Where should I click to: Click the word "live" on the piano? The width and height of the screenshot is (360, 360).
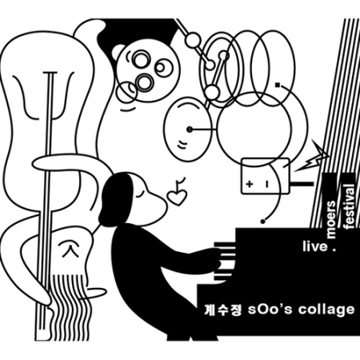(x=314, y=246)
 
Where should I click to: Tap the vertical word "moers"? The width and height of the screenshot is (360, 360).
(x=331, y=219)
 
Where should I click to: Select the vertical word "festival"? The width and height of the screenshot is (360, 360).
(x=350, y=206)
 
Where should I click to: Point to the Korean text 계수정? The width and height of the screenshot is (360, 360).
(x=222, y=310)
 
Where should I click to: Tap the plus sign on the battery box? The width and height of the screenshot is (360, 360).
(x=250, y=184)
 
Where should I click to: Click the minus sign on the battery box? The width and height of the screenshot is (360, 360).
(x=267, y=184)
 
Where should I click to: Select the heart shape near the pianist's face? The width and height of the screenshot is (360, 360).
(x=177, y=198)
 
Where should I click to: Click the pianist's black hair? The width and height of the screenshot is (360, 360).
(x=115, y=198)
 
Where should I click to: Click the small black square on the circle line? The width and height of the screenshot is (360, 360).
(x=278, y=86)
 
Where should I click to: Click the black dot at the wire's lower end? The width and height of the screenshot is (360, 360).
(x=263, y=222)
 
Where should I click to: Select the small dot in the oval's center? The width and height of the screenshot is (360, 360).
(x=190, y=130)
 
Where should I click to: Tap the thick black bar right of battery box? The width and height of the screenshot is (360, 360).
(x=302, y=184)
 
